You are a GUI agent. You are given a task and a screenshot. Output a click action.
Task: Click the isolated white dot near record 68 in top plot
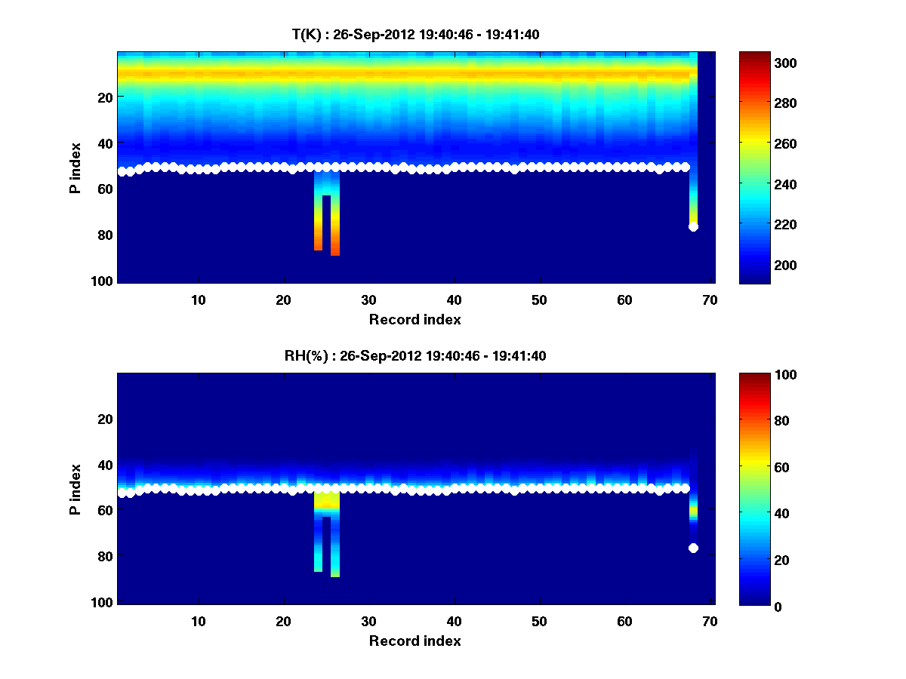[x=693, y=226]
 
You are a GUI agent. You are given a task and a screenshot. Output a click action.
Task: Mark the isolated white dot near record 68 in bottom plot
[x=693, y=548]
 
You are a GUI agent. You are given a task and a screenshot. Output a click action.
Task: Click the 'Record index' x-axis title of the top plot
[x=415, y=320]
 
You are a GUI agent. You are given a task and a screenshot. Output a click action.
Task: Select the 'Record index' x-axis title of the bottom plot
[x=415, y=641]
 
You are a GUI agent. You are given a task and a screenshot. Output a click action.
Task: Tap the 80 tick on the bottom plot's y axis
[x=106, y=557]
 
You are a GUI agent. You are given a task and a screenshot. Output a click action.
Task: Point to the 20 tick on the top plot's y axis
[x=106, y=97]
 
